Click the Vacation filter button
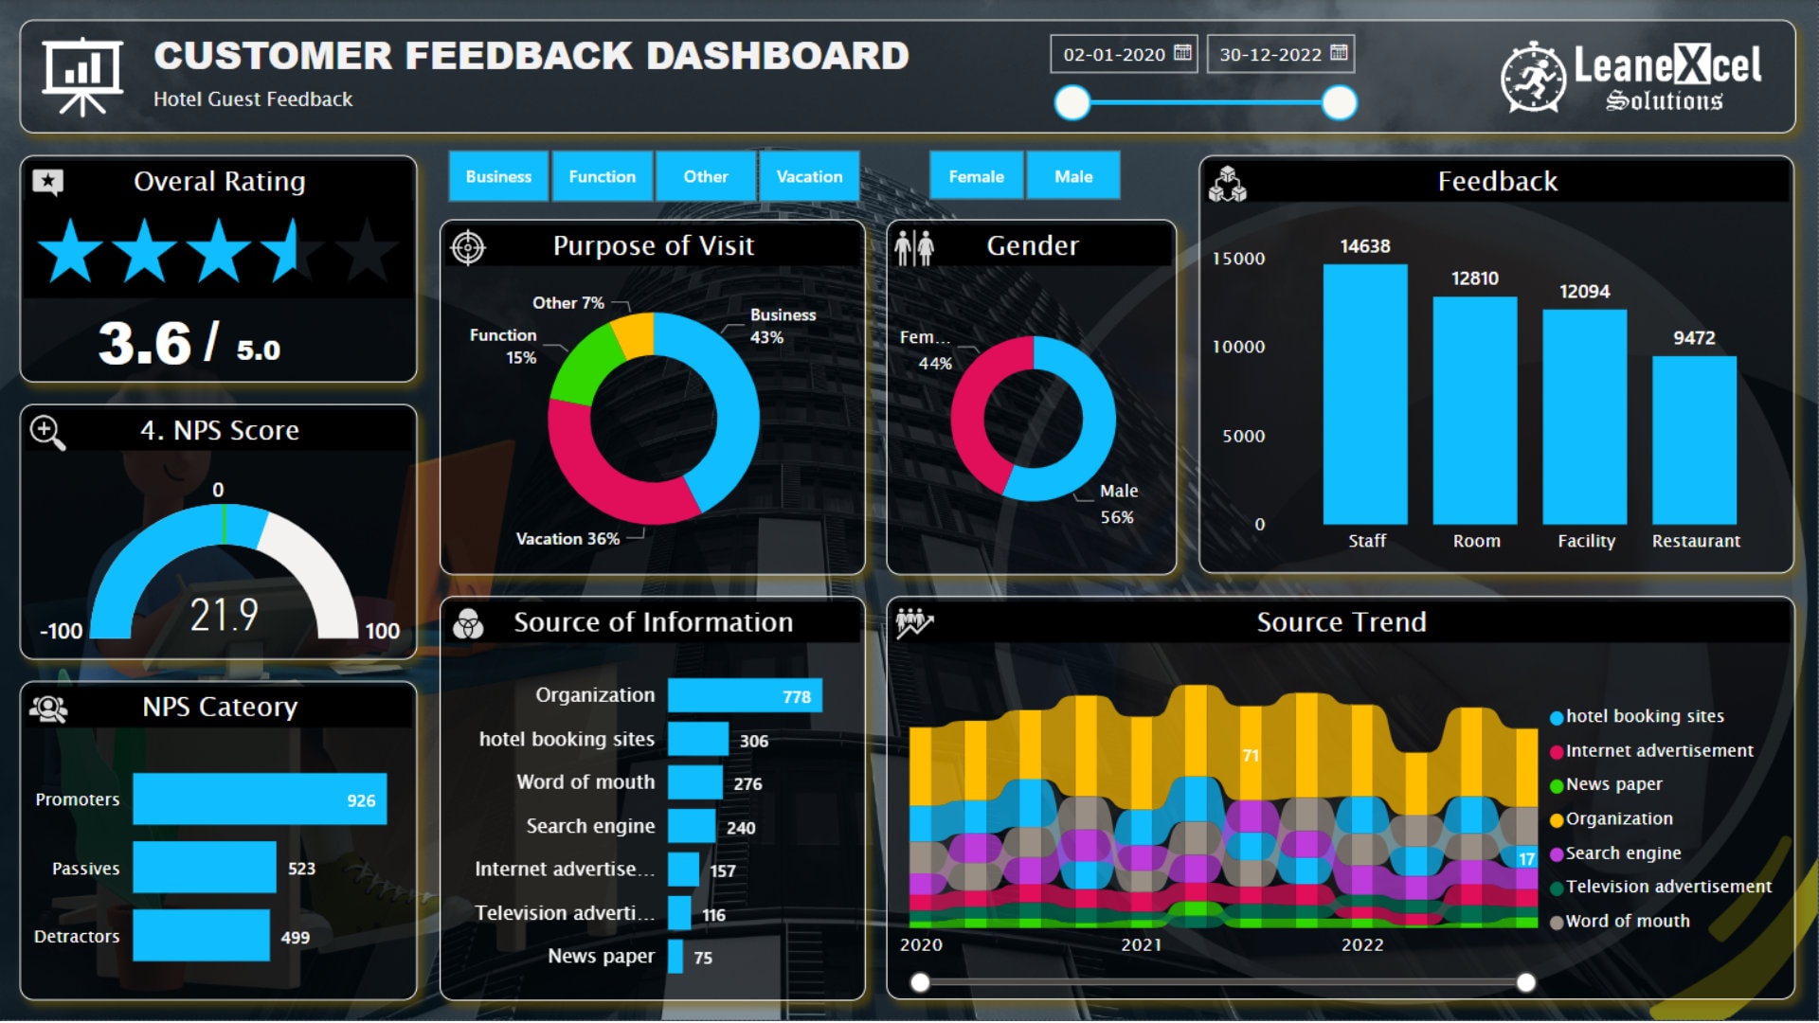pos(808,176)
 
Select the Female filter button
pos(976,176)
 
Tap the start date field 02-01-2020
pos(1114,55)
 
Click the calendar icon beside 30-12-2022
pos(1339,53)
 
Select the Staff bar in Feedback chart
pos(1364,393)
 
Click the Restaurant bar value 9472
pos(1693,338)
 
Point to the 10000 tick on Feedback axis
pos(1238,348)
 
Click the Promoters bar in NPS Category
pos(259,799)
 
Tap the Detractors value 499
pos(295,938)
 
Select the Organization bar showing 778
pos(744,696)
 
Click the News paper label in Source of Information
pos(601,957)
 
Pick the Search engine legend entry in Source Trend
pos(1622,853)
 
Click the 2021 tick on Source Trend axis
pos(1141,945)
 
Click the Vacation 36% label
pos(567,539)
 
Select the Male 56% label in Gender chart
pos(1118,504)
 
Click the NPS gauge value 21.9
pos(224,616)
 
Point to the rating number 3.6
pos(145,344)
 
